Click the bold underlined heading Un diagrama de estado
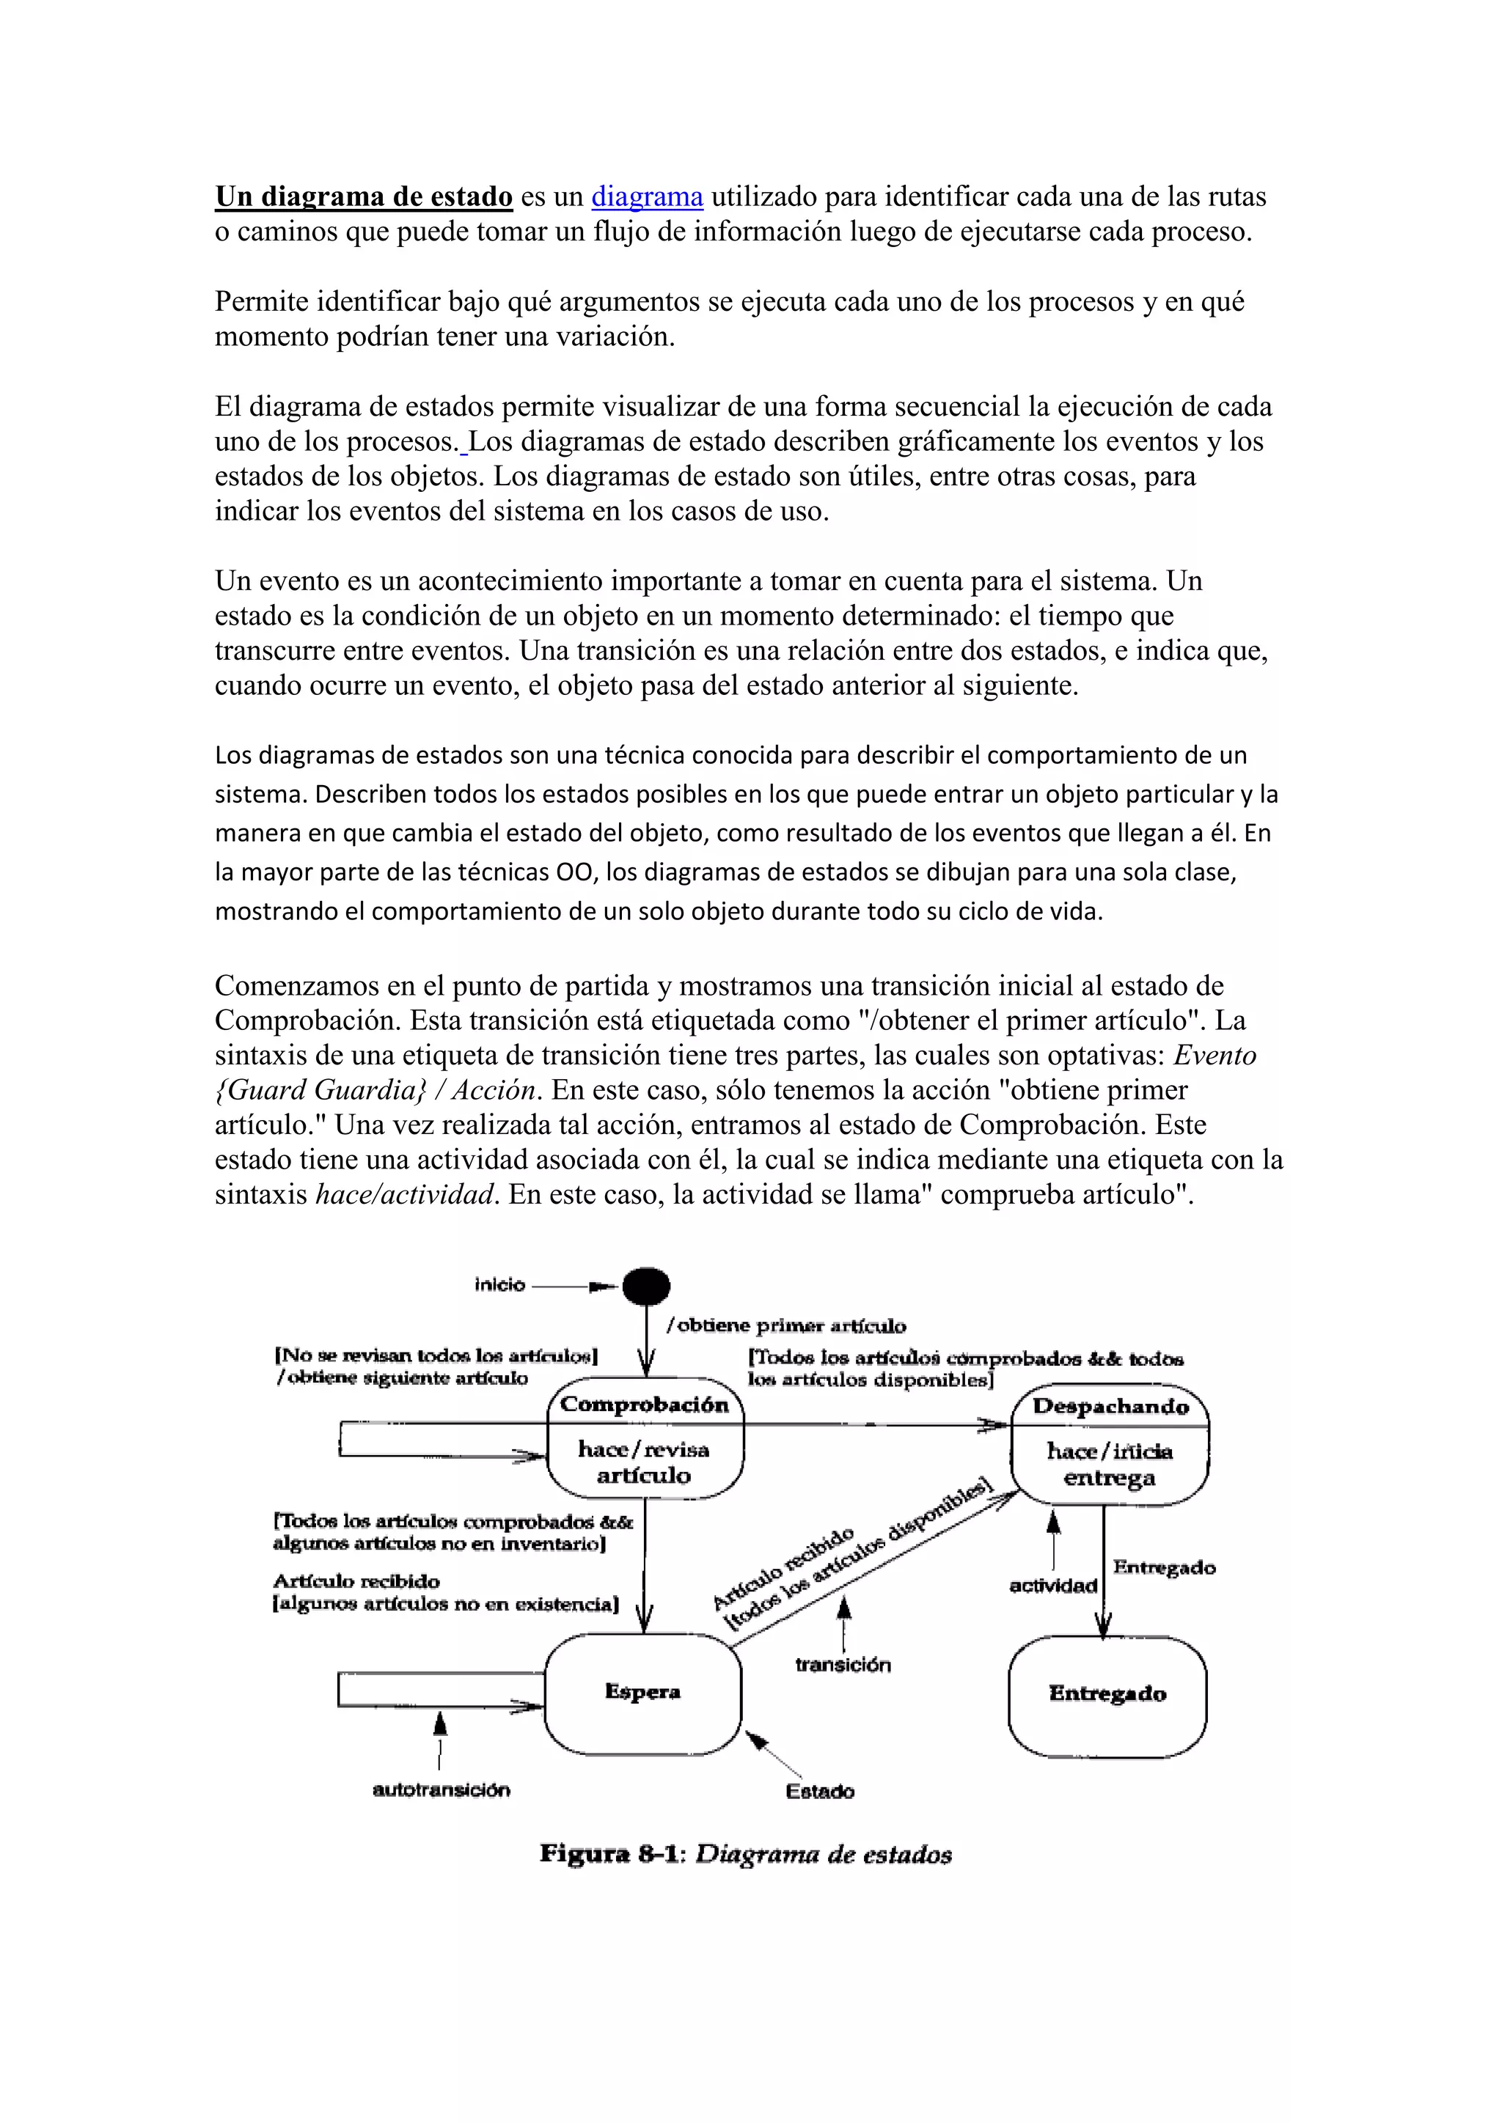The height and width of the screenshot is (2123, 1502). click(x=364, y=197)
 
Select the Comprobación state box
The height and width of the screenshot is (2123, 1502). click(x=645, y=1441)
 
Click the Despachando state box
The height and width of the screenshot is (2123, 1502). click(x=1109, y=1443)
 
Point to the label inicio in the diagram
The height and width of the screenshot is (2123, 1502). click(x=499, y=1284)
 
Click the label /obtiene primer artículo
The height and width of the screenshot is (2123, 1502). click(x=786, y=1326)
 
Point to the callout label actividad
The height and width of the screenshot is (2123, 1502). click(x=1052, y=1586)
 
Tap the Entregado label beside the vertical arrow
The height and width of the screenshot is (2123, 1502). click(x=1163, y=1567)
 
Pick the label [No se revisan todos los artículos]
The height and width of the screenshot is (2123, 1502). click(x=436, y=1355)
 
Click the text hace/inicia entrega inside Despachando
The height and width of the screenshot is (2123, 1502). click(x=1109, y=1465)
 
